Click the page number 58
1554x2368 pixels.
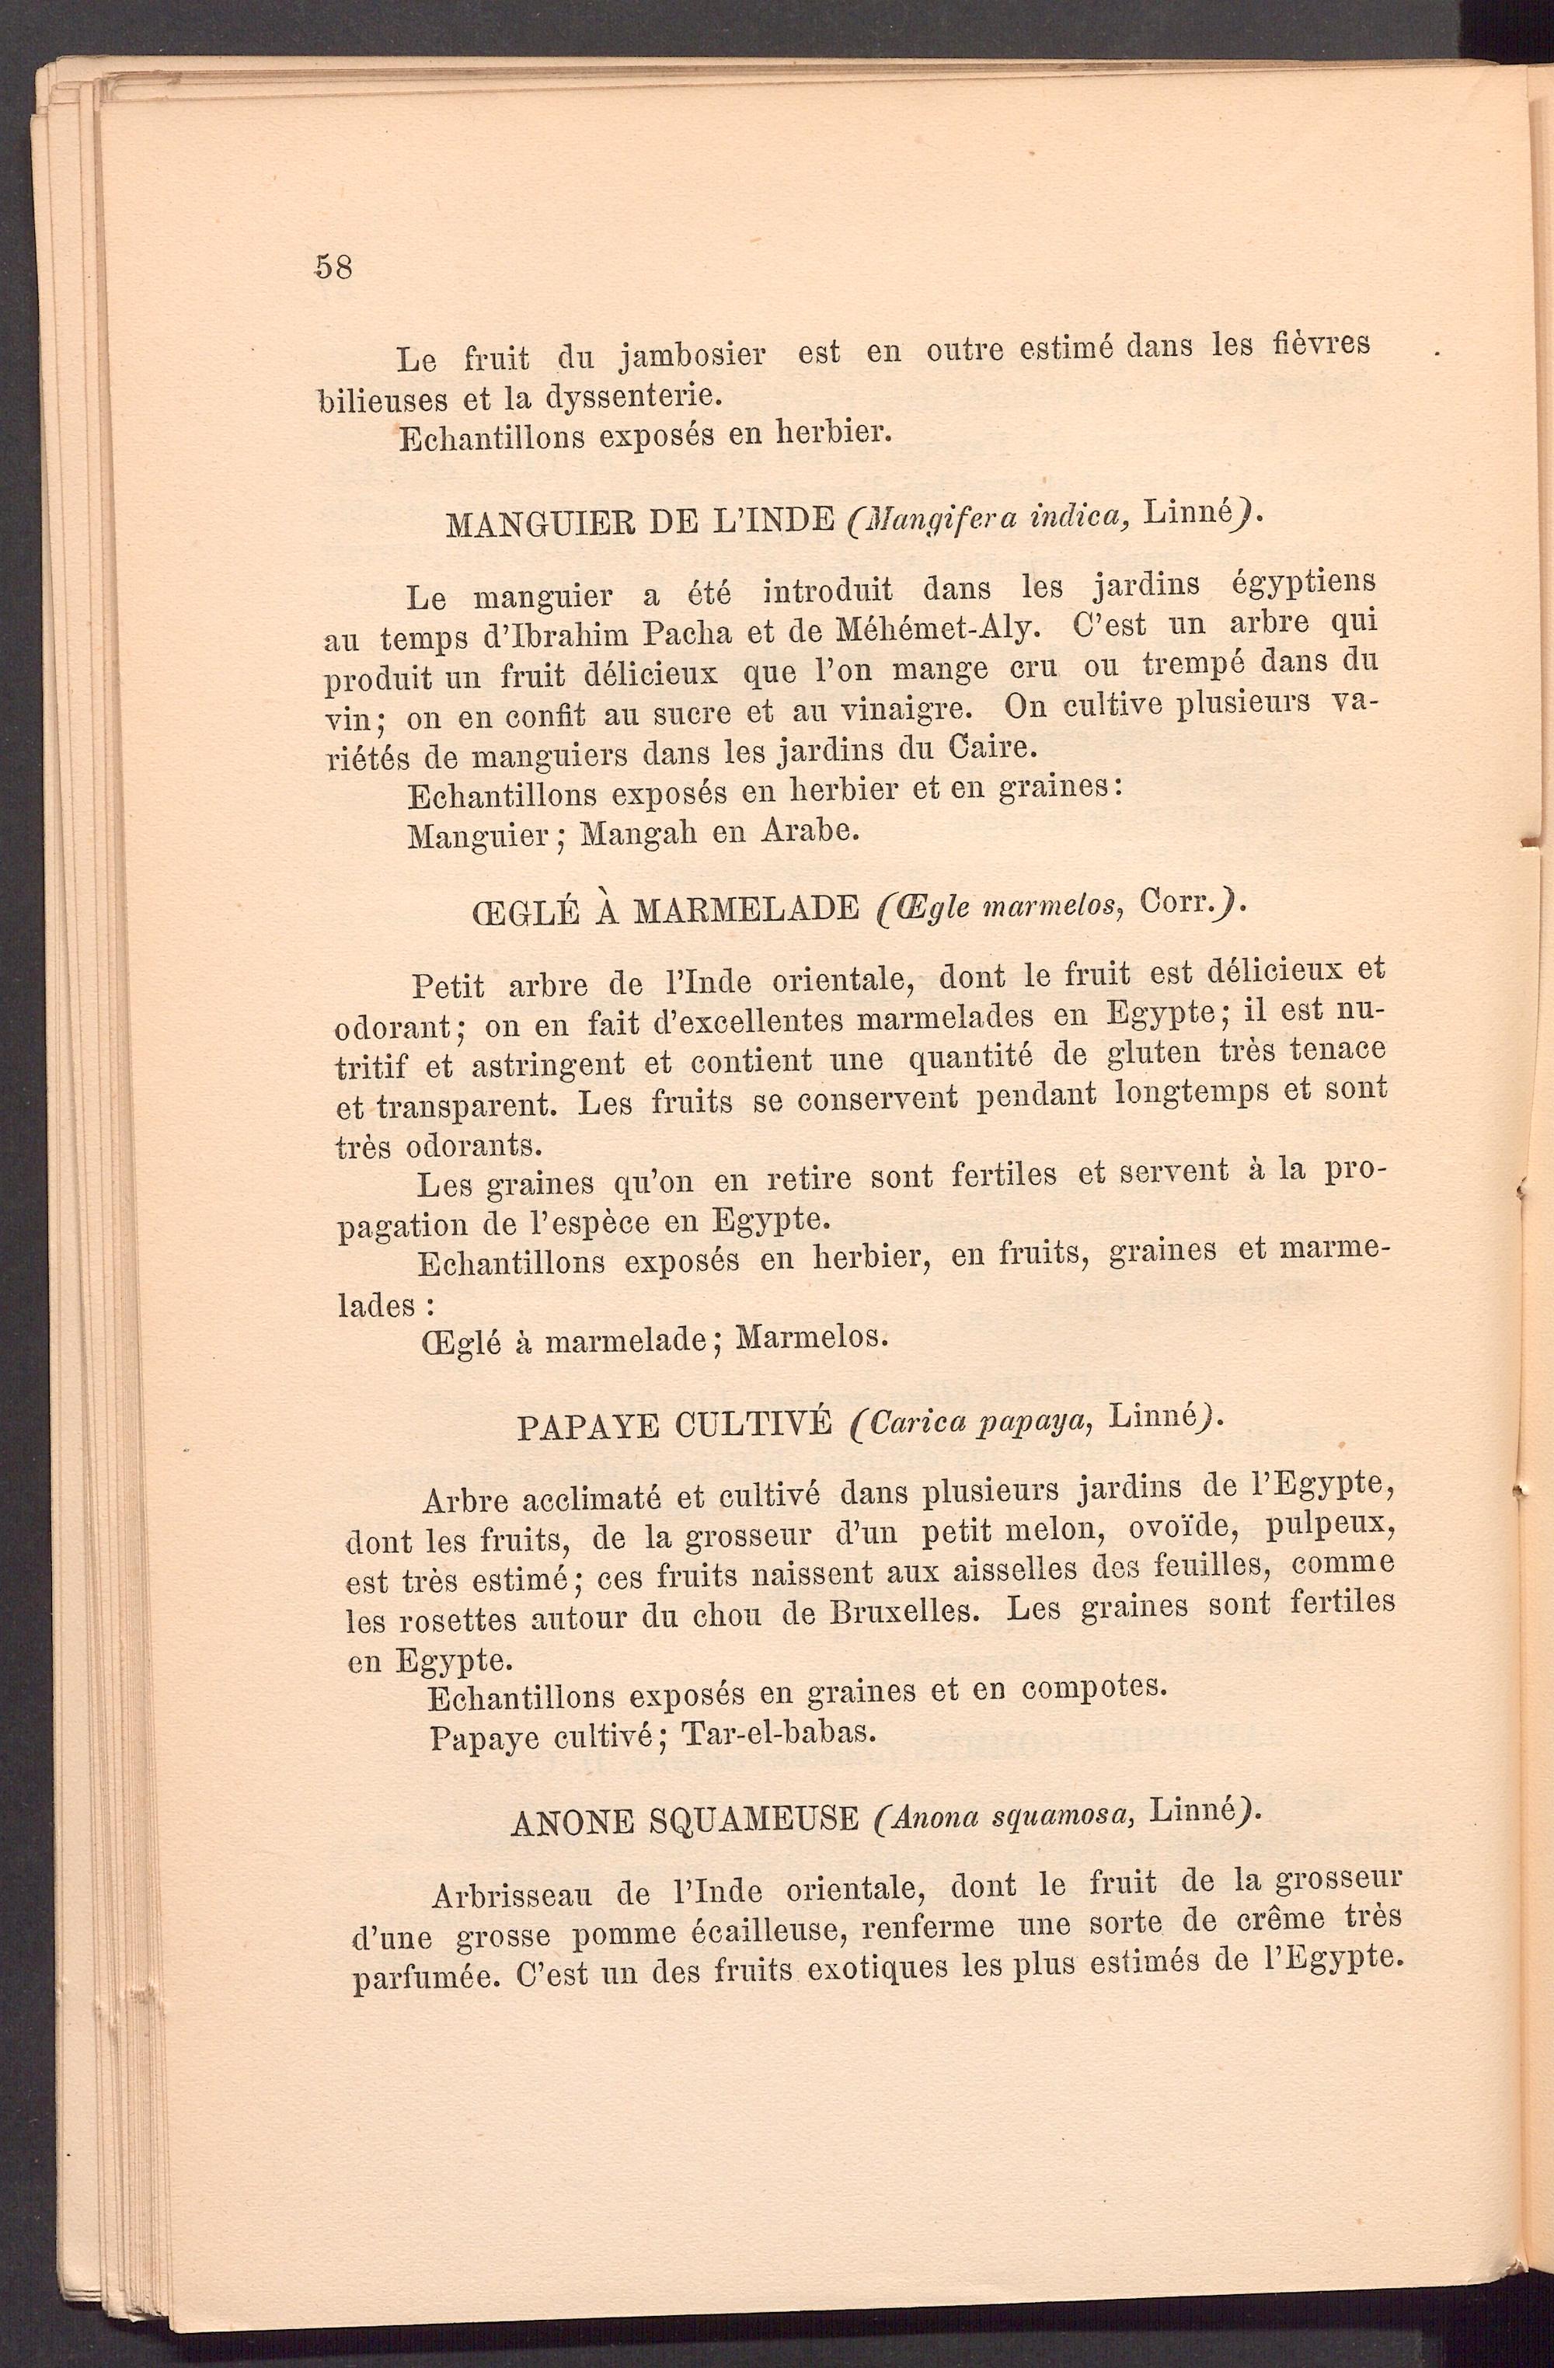tap(333, 266)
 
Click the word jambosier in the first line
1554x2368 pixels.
tap(692, 354)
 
